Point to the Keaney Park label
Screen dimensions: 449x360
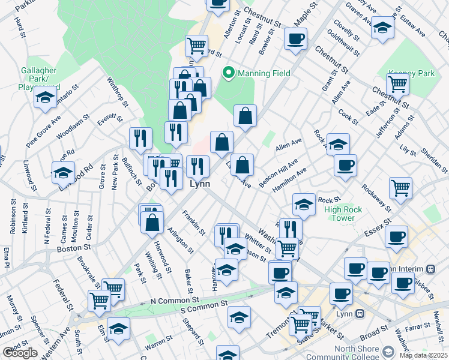pos(411,73)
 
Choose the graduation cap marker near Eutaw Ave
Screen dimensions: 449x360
pos(382,28)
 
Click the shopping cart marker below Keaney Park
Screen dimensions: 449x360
pos(398,85)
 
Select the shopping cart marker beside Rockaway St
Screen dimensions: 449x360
pos(400,187)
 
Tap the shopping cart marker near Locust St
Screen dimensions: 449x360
pos(196,45)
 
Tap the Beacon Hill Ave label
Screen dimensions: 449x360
pos(279,173)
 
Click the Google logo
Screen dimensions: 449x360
pos(20,353)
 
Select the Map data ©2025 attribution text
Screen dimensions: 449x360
pos(423,355)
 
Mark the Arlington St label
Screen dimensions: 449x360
pos(180,240)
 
